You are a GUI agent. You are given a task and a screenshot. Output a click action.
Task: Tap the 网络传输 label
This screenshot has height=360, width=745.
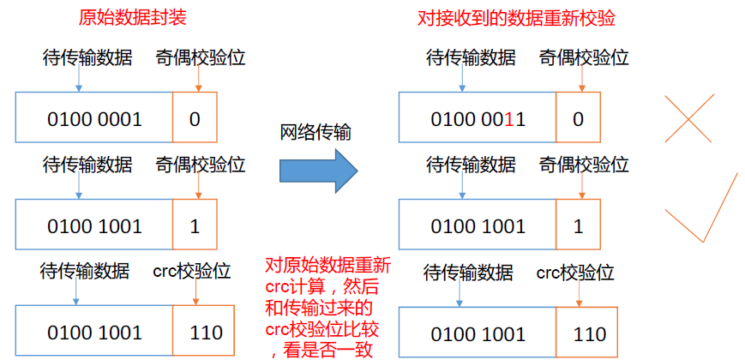tap(315, 133)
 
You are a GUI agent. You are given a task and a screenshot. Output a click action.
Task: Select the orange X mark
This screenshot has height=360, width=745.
tap(688, 118)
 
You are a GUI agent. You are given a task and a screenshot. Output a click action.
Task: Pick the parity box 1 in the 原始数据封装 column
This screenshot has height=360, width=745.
tap(195, 225)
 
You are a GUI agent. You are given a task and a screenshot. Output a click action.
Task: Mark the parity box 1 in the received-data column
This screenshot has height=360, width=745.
tap(578, 225)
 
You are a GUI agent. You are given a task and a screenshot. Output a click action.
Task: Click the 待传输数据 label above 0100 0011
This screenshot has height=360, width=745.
tap(472, 58)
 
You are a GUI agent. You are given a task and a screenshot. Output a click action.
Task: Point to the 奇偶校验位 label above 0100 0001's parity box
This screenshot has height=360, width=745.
tap(201, 58)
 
